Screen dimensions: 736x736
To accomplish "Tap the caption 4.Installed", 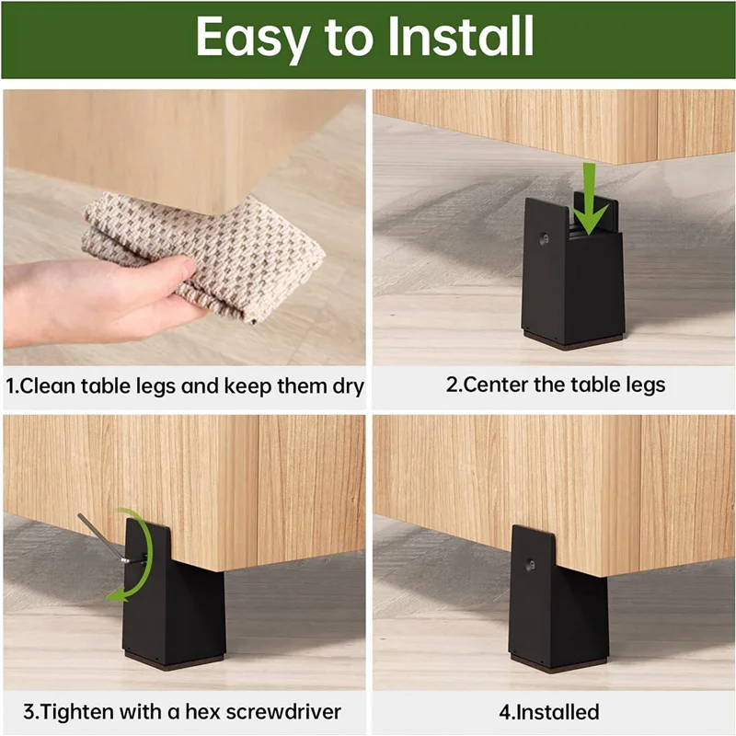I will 550,711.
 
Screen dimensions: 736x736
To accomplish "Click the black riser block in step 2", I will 571,285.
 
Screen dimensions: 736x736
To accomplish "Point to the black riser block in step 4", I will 548,607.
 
